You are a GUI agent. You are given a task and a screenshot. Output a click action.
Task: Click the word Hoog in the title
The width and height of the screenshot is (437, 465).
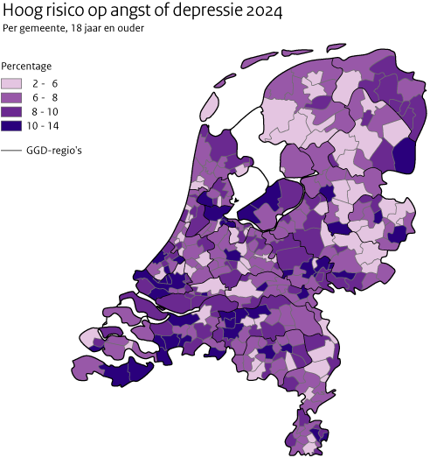click(24, 11)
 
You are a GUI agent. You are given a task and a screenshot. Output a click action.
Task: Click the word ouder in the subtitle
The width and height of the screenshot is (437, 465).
click(130, 28)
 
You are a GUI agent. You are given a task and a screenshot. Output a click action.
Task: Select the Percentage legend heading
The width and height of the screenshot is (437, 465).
click(26, 66)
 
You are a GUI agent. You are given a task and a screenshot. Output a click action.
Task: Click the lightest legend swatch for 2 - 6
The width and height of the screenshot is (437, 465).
click(12, 83)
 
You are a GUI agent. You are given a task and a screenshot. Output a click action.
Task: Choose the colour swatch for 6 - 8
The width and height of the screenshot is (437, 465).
click(12, 97)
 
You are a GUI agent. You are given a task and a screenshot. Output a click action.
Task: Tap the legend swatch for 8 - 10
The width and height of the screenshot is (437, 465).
click(12, 112)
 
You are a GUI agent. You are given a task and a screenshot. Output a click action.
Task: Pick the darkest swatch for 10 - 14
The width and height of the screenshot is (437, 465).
click(12, 126)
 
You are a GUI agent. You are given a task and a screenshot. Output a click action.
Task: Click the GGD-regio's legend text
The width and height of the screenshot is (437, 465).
click(53, 151)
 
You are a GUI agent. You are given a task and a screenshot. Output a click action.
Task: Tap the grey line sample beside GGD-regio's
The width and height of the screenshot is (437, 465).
click(12, 151)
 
